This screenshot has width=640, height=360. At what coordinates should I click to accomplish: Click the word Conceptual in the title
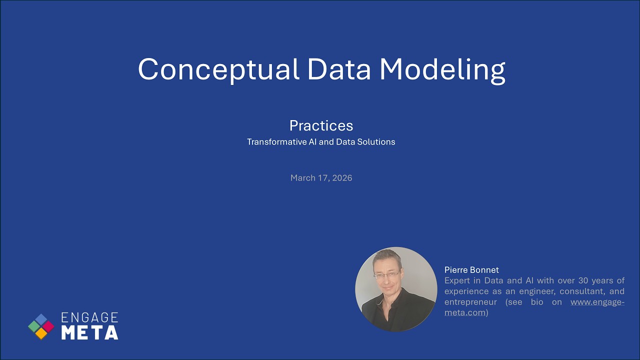click(218, 69)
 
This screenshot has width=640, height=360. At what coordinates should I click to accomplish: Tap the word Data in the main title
click(339, 69)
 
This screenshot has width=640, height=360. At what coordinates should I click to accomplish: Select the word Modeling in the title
click(442, 69)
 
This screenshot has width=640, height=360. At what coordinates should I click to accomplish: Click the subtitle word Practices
click(321, 125)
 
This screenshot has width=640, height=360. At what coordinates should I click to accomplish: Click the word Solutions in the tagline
click(375, 142)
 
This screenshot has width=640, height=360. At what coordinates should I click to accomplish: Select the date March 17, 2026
click(321, 178)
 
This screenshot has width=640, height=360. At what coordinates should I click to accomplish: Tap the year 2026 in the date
click(341, 178)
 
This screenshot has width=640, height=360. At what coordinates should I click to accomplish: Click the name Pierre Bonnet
click(471, 270)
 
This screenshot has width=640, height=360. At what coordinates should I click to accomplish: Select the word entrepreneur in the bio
click(470, 302)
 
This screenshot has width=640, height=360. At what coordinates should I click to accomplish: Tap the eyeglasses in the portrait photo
click(387, 274)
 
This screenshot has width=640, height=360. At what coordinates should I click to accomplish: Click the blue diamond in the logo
click(41, 319)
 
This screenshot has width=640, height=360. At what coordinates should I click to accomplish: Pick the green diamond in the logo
click(34, 326)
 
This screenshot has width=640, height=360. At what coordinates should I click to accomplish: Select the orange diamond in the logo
click(41, 333)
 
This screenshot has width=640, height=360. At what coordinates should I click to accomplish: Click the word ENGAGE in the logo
click(89, 318)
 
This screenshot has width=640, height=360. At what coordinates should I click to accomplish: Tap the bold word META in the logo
click(89, 332)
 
